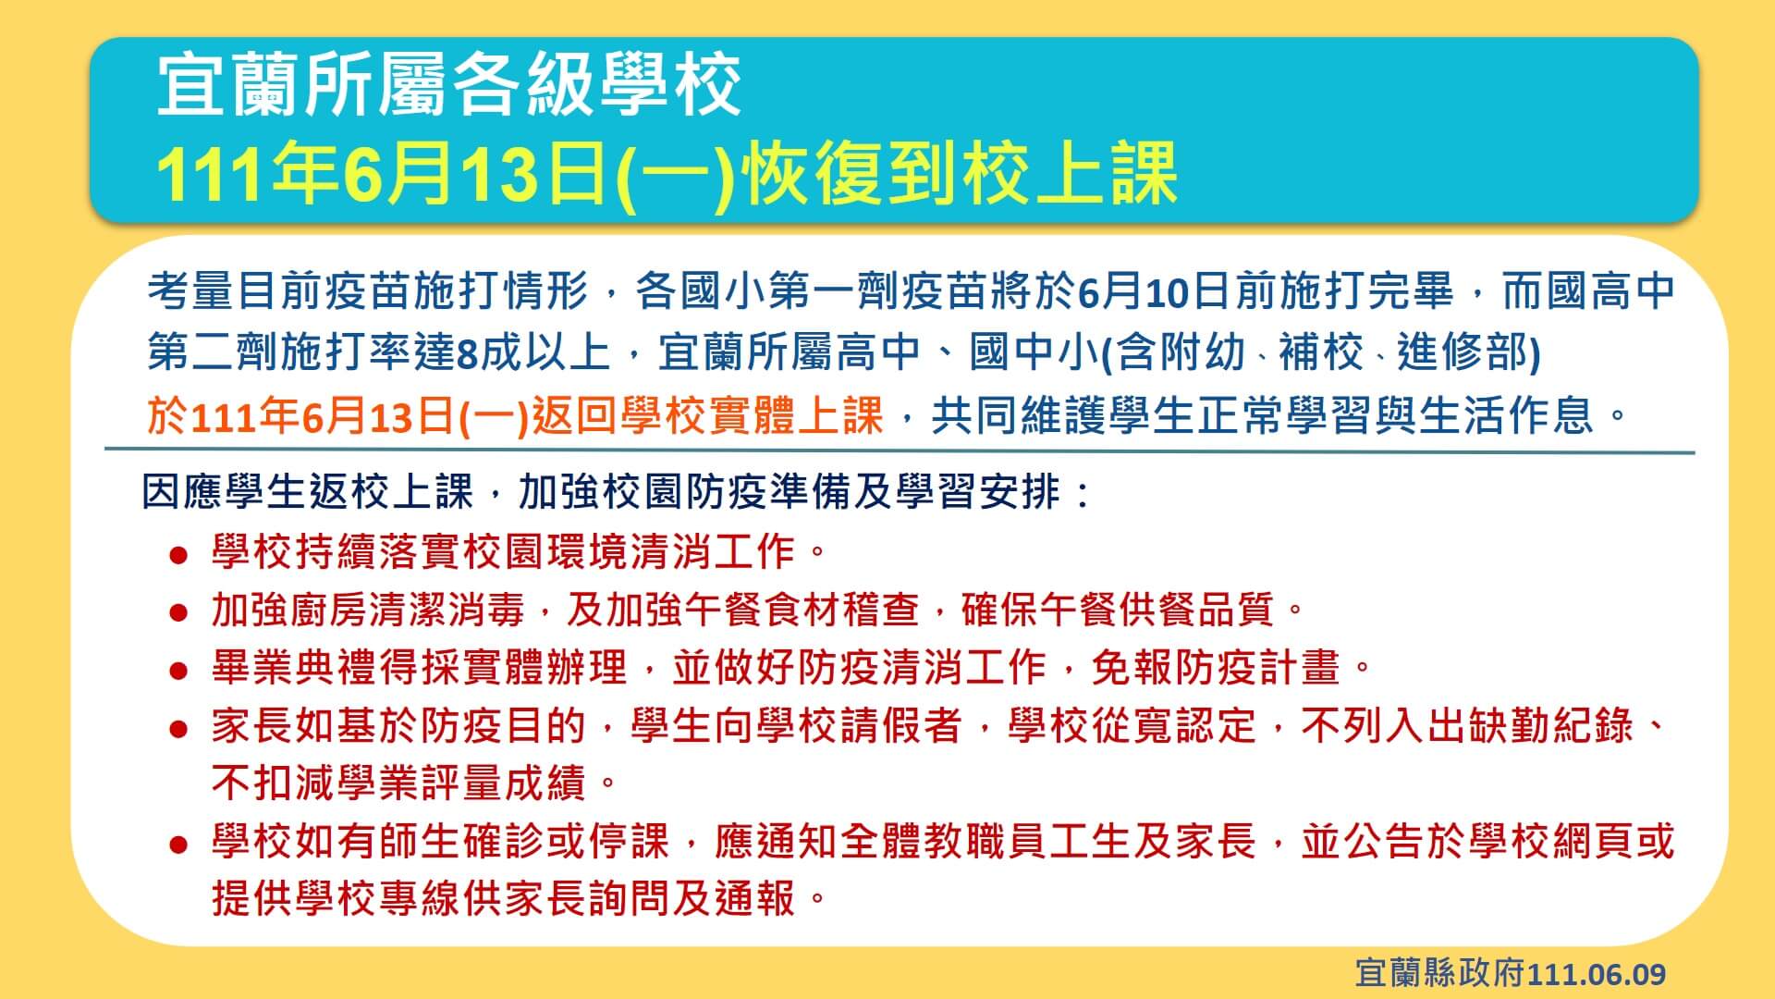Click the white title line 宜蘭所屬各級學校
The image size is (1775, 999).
(449, 85)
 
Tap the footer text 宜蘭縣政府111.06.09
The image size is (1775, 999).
(1511, 973)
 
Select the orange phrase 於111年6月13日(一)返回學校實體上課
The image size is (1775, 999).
(516, 415)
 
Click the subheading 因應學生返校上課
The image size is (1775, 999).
(308, 492)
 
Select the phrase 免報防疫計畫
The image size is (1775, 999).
(1216, 667)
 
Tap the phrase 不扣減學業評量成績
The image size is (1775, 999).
(398, 783)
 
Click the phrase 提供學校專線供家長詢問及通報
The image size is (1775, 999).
(503, 897)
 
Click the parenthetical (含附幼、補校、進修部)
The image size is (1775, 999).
(1321, 352)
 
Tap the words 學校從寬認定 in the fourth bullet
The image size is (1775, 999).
(1132, 725)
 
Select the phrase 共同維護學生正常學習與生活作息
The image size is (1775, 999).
(1263, 415)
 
